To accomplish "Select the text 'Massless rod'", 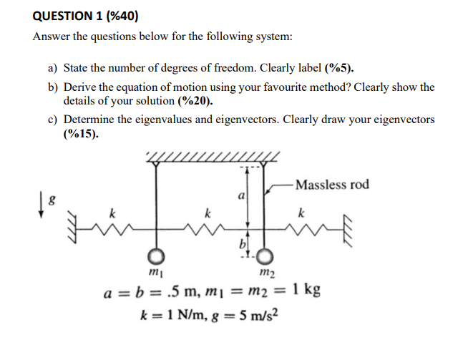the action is (x=332, y=185).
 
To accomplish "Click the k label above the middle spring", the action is (x=208, y=213).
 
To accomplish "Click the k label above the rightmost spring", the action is (x=301, y=213).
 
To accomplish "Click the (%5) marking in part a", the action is (x=339, y=69).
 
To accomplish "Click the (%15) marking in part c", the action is (x=81, y=133).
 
